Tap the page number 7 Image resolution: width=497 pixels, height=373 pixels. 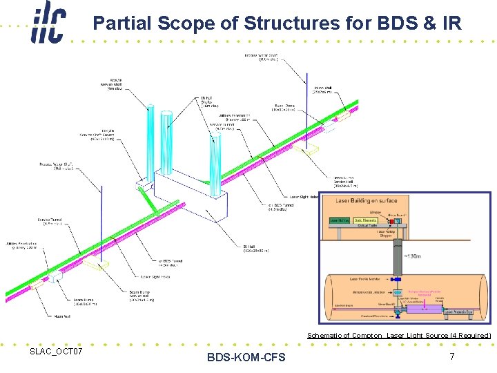(451, 356)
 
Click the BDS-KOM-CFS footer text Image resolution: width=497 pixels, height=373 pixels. (246, 357)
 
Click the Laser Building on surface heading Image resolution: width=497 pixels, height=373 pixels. (367, 200)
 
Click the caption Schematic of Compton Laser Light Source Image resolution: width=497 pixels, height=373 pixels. (399, 336)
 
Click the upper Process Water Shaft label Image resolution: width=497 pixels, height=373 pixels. (260, 57)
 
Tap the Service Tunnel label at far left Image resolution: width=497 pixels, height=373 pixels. (48, 221)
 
